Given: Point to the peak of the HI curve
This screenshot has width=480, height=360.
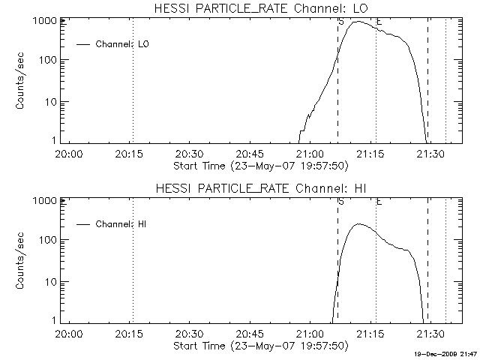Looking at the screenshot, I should tap(359, 223).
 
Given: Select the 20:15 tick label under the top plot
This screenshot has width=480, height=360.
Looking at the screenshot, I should tap(131, 154).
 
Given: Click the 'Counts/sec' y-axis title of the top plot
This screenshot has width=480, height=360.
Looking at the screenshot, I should tap(22, 82).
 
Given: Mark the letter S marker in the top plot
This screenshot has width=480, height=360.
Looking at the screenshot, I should tap(341, 22).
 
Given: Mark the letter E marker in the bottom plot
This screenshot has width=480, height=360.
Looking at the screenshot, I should tap(379, 202).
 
